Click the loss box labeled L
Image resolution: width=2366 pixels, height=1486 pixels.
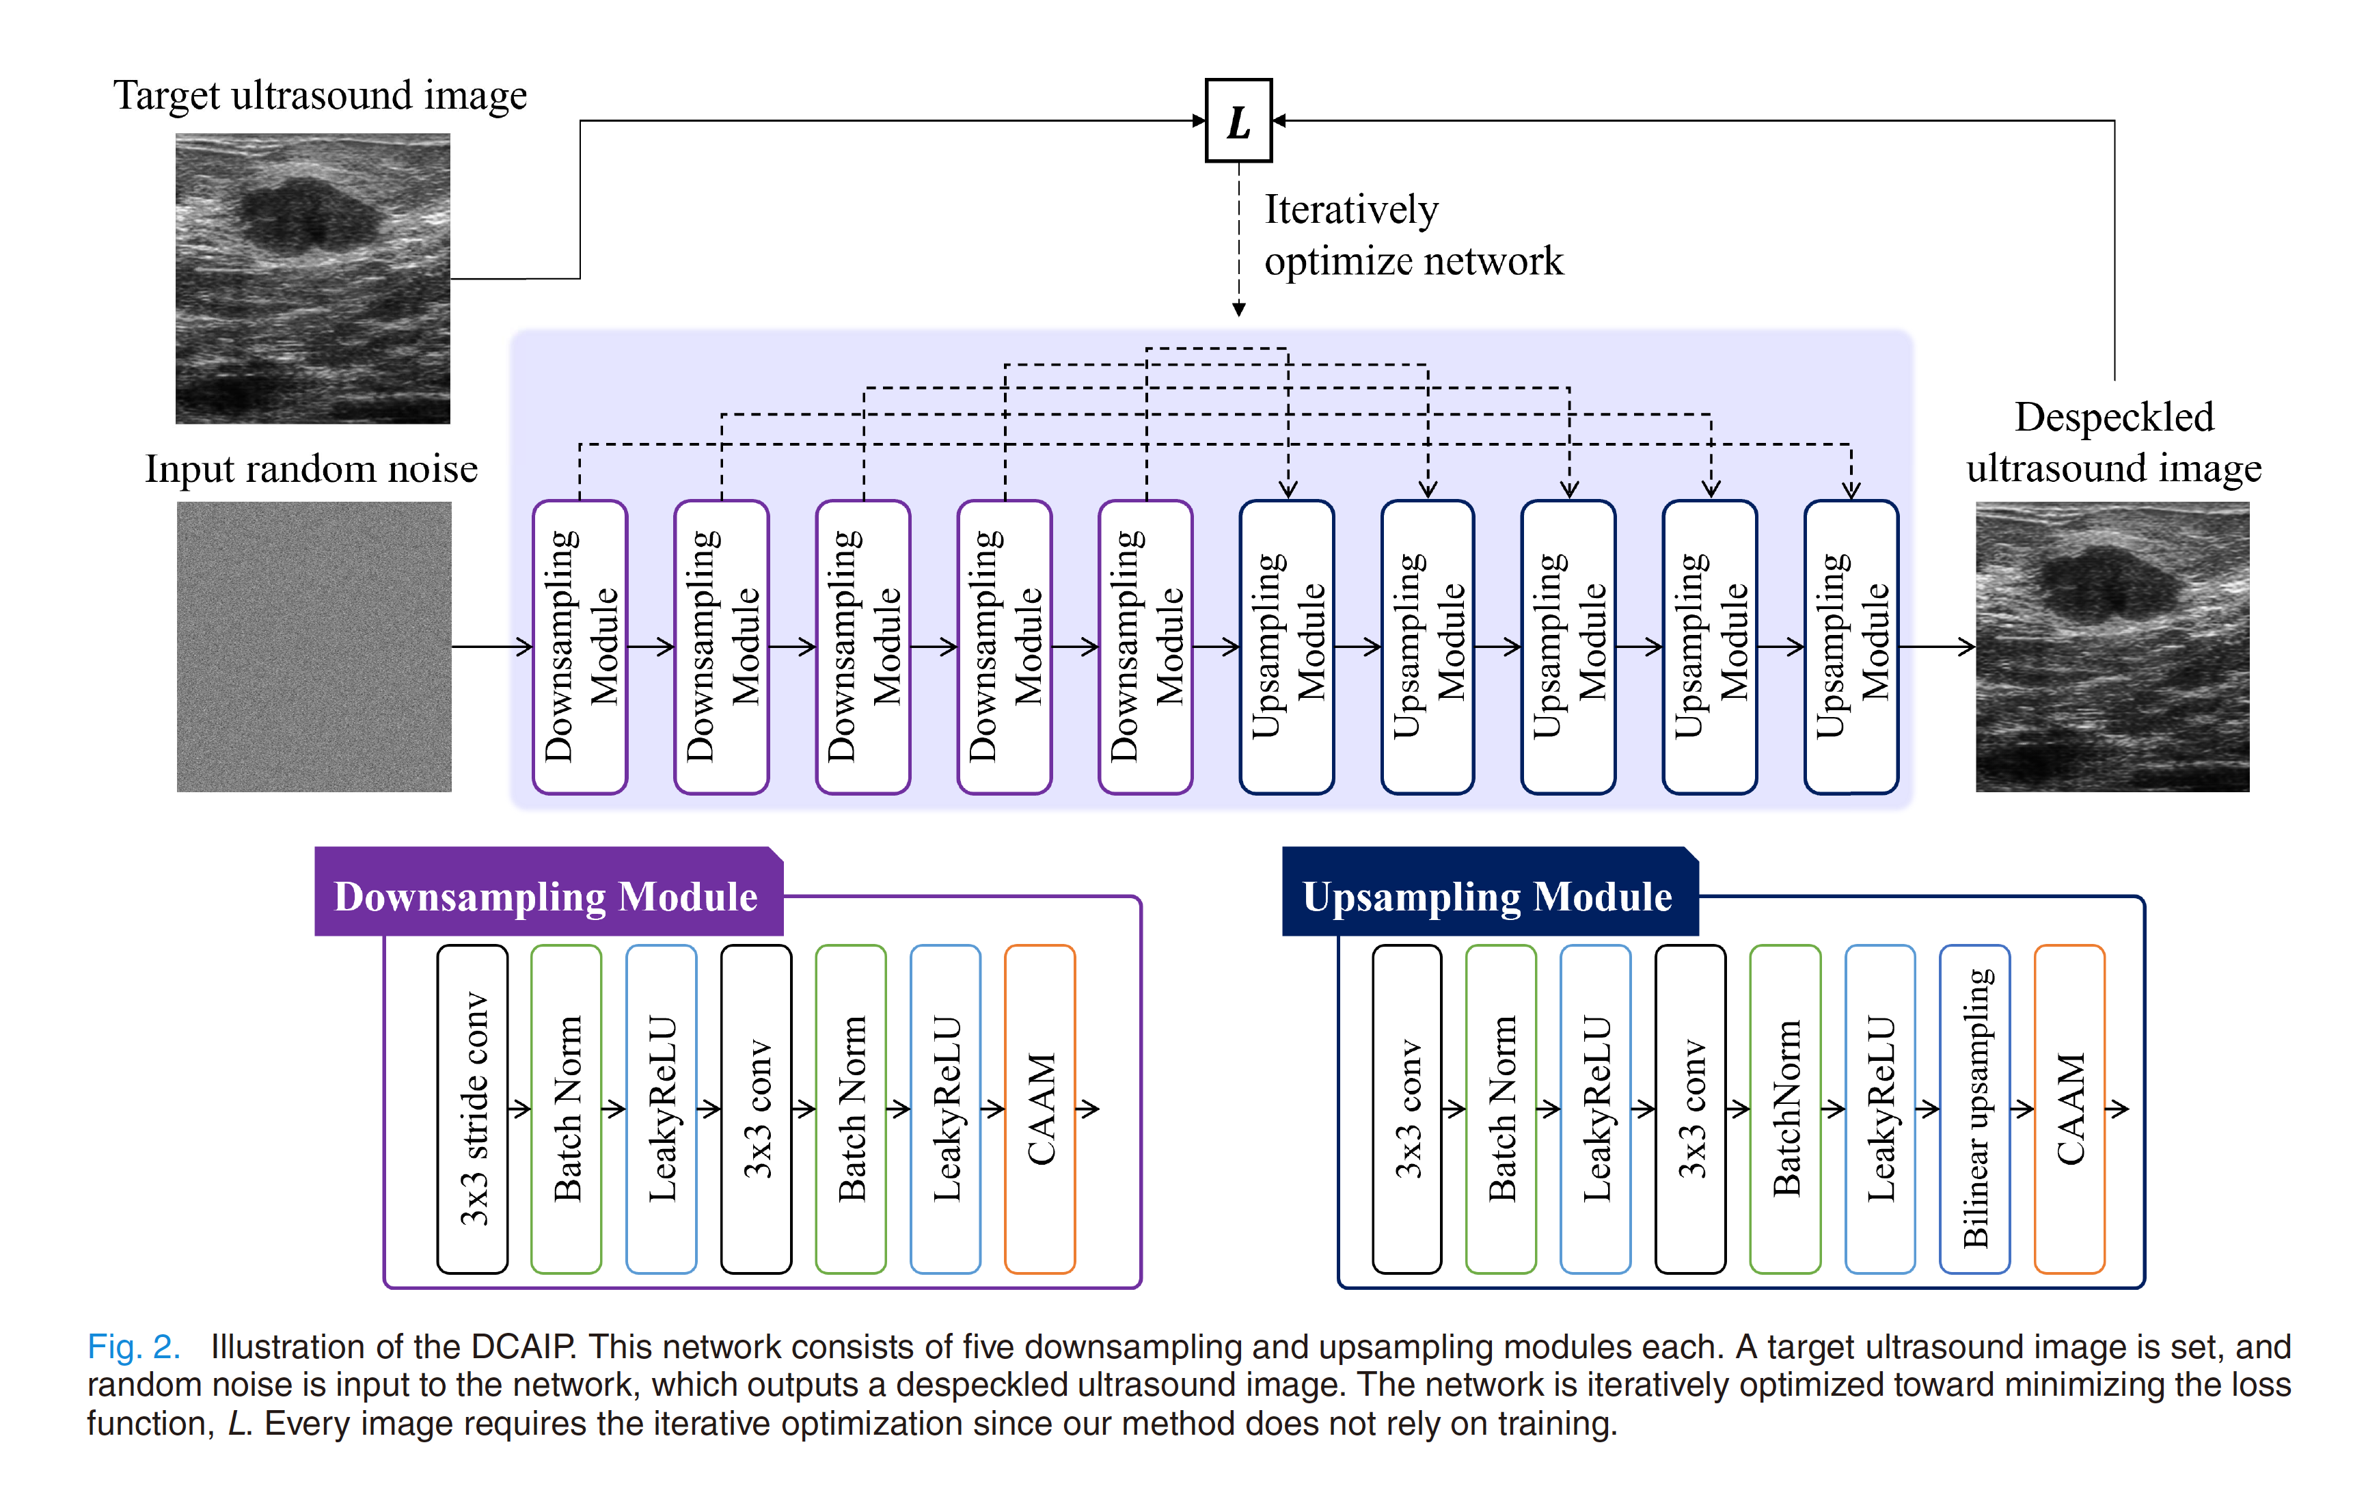coord(1238,121)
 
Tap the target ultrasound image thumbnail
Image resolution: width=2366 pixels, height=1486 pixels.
coord(312,279)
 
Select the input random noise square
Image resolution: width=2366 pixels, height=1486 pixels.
coord(314,647)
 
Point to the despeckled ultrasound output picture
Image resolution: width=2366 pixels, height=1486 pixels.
coord(2112,647)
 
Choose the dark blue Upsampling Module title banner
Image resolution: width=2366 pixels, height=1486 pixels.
coord(1488,894)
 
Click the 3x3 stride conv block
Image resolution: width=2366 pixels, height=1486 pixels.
coord(473,1109)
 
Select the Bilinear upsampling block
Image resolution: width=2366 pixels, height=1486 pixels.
coord(1975,1109)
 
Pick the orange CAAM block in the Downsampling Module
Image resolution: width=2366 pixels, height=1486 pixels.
coord(1039,1109)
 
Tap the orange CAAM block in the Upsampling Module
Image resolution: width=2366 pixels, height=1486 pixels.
coord(2069,1109)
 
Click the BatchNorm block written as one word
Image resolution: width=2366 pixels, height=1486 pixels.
coord(1785,1109)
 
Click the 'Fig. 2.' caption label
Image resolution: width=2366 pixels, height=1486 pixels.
coord(134,1347)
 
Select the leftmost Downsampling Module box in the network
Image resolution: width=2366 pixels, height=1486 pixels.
coord(580,647)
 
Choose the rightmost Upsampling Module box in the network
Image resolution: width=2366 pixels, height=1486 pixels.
coord(1851,647)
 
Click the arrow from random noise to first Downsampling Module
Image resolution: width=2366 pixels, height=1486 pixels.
coord(492,647)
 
